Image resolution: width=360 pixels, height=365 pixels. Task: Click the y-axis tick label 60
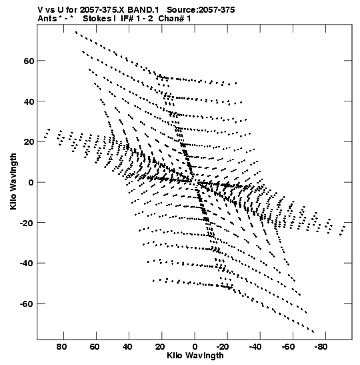[29, 61]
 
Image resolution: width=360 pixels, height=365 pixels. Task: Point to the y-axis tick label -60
[27, 304]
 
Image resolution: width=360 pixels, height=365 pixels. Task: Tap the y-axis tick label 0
[31, 183]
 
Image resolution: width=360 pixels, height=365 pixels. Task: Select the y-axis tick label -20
[27, 223]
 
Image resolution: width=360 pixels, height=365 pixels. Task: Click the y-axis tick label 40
[29, 101]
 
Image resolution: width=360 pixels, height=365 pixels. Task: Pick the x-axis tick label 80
[61, 347]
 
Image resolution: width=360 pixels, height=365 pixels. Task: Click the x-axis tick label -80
[321, 347]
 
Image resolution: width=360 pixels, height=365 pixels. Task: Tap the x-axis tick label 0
[195, 347]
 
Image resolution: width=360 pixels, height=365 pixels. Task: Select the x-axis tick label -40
[255, 347]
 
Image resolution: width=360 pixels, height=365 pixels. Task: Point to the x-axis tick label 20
[160, 347]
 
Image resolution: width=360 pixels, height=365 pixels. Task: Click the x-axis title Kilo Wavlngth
[195, 356]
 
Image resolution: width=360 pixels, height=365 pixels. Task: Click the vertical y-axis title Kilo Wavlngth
[13, 181]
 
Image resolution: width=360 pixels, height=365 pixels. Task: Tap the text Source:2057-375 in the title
[201, 10]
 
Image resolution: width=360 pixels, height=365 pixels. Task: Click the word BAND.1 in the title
[143, 10]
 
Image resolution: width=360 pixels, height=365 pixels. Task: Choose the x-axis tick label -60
[288, 347]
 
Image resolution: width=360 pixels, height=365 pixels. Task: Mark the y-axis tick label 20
[29, 142]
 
